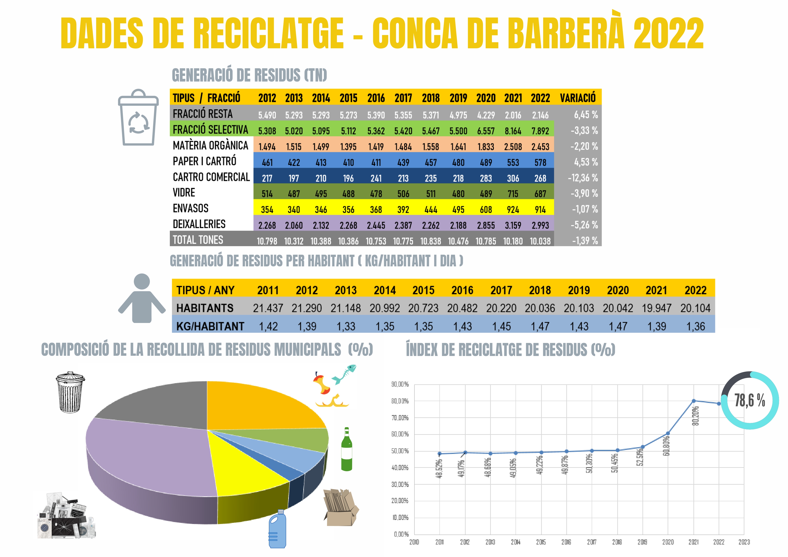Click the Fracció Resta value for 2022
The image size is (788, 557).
540,115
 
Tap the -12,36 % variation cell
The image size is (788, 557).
583,178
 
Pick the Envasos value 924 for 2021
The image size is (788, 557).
513,210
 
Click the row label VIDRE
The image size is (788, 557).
184,193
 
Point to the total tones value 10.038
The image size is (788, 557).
540,241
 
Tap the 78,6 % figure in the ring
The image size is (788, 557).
750,400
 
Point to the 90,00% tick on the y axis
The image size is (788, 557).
400,384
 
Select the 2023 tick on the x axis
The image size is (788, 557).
744,542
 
